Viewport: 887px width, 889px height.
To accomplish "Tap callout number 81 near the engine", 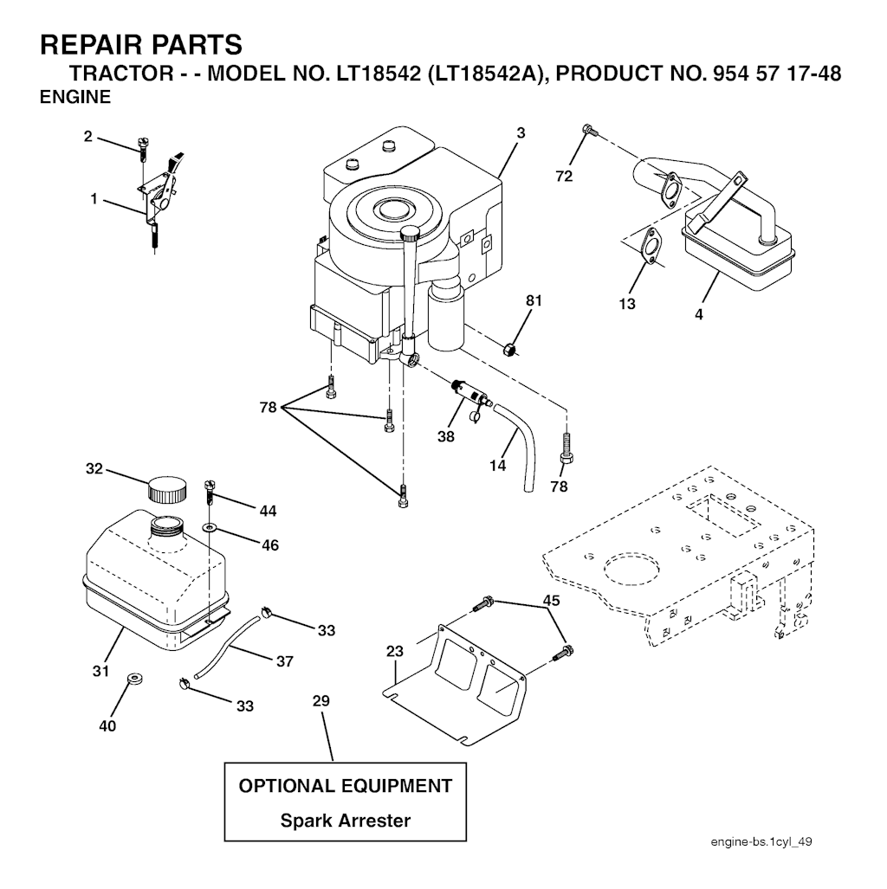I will click(x=534, y=300).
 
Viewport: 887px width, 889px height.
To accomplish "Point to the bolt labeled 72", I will click(x=589, y=131).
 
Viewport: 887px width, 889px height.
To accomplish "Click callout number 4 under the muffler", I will click(x=698, y=314).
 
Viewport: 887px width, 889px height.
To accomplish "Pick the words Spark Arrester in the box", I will click(x=345, y=821).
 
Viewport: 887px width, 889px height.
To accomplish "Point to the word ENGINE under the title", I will click(x=76, y=98).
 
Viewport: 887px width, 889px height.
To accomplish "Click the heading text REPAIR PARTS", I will click(x=141, y=44).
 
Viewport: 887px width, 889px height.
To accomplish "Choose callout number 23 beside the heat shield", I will click(x=395, y=651).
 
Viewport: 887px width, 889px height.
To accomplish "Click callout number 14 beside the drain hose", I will click(x=497, y=465).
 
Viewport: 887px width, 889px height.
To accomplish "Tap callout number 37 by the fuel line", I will click(x=284, y=661).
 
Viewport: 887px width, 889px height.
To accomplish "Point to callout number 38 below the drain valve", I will click(x=445, y=437).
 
